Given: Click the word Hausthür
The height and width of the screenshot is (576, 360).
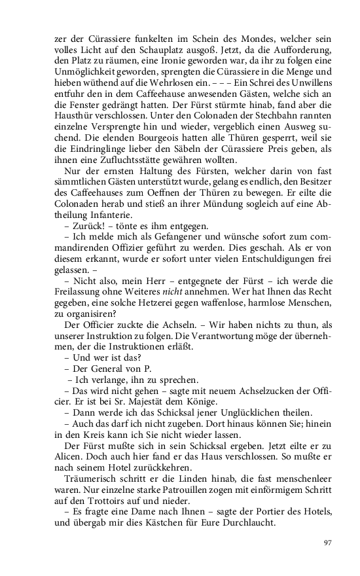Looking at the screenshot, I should pyautogui.click(x=72, y=113).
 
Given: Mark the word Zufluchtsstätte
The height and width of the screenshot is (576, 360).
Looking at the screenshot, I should pyautogui.click(x=126, y=162).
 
